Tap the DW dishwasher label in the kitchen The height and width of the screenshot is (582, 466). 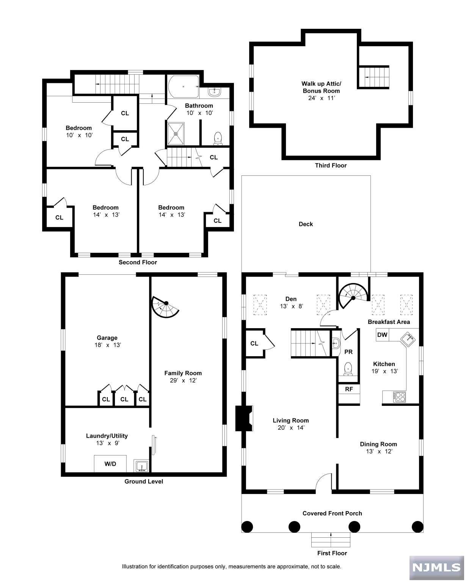tap(382, 335)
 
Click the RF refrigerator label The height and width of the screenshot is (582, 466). tap(349, 389)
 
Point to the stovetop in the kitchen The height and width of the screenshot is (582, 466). tap(400, 397)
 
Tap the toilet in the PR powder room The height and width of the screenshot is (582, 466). tap(348, 369)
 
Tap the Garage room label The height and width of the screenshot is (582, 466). tap(107, 338)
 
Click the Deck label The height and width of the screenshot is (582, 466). tap(306, 224)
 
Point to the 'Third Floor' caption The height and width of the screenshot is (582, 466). tap(331, 165)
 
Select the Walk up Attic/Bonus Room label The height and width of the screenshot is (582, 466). tap(321, 87)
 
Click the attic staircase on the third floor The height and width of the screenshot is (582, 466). tap(374, 77)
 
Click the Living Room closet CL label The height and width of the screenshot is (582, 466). tap(254, 343)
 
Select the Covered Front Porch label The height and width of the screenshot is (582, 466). tap(332, 513)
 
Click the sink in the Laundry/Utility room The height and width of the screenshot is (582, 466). tap(141, 466)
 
